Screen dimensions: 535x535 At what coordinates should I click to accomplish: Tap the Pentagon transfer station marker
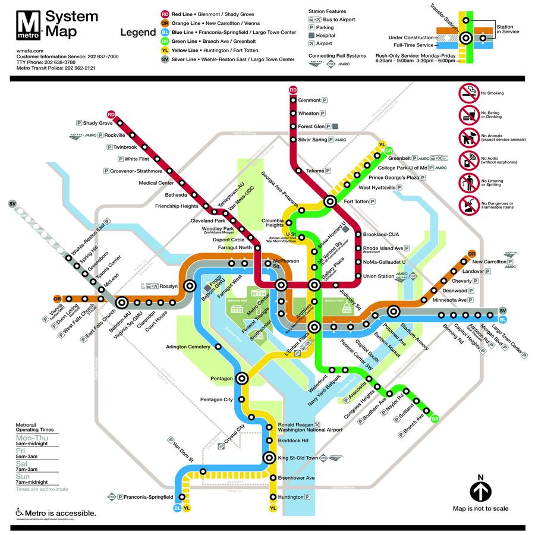click(x=243, y=378)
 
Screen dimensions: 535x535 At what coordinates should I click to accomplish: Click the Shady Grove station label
click(x=97, y=123)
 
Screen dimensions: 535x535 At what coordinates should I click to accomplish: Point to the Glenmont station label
click(x=309, y=100)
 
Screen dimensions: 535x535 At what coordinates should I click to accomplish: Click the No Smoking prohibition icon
click(x=468, y=93)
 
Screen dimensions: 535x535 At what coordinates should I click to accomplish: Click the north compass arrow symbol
click(x=480, y=491)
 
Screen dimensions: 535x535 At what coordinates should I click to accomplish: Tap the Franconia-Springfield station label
click(x=147, y=496)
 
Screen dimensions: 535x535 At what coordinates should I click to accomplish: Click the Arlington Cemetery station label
click(x=188, y=347)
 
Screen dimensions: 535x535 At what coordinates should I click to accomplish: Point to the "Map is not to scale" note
click(x=480, y=509)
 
